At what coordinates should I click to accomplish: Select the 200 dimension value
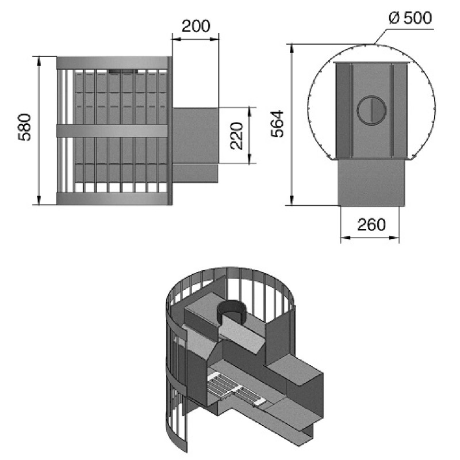tap(196, 26)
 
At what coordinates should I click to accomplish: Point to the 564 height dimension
tap(278, 123)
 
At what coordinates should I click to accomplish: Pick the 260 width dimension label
tap(371, 224)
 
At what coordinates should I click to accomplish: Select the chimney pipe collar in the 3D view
tap(234, 313)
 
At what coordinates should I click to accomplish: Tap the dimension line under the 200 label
tap(195, 39)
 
